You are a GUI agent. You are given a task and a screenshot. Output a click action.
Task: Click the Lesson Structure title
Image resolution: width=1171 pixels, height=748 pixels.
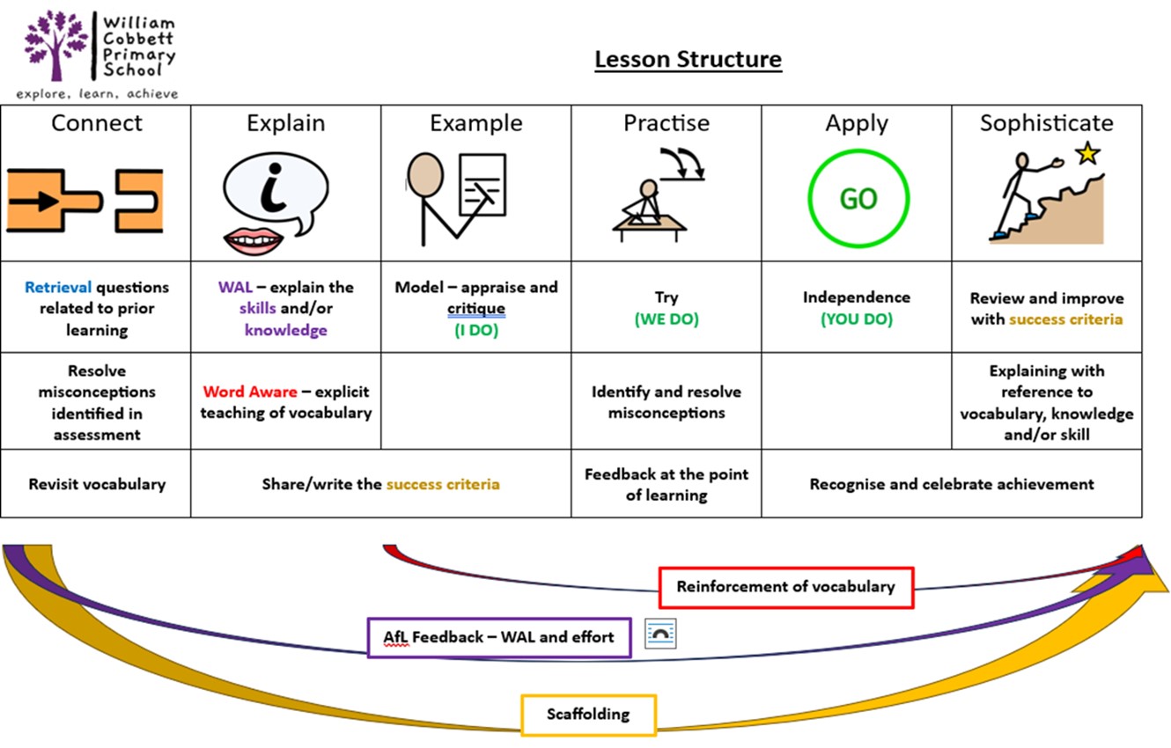tap(688, 60)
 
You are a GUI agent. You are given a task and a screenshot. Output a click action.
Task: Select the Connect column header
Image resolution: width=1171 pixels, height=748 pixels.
tap(96, 123)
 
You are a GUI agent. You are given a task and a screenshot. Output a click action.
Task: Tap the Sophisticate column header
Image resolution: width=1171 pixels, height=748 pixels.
tap(1046, 123)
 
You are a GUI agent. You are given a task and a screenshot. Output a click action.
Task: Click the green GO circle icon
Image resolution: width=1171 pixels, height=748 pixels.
tap(858, 199)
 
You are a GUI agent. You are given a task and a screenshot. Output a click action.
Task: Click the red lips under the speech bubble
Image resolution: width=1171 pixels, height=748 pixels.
tap(254, 238)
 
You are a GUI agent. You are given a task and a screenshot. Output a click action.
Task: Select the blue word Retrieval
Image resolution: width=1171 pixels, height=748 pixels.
tap(58, 288)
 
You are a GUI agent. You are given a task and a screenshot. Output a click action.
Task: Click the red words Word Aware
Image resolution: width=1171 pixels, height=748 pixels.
tap(249, 392)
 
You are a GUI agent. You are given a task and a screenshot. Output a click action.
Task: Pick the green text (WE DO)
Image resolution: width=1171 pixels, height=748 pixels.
tap(667, 319)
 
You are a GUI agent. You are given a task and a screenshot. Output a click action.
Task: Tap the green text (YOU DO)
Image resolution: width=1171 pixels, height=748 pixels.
tap(856, 319)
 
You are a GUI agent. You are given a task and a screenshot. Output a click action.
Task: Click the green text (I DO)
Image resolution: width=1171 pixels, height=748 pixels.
tap(475, 331)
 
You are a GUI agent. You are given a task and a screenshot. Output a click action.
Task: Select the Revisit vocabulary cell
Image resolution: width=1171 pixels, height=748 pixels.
tap(97, 484)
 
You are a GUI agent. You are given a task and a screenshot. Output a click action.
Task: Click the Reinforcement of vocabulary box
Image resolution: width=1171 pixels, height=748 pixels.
tap(785, 586)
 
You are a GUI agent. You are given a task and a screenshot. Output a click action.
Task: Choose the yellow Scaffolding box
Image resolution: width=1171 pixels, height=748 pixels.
tap(588, 714)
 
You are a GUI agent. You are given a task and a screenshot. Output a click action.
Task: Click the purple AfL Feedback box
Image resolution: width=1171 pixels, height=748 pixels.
tap(498, 636)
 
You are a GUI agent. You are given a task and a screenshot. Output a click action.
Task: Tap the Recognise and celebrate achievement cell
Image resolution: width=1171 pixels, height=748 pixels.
tap(951, 484)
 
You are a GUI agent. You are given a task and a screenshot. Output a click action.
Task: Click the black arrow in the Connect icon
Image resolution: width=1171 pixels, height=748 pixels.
tap(39, 201)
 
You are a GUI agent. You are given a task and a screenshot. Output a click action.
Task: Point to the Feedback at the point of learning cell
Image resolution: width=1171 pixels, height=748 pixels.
tap(667, 485)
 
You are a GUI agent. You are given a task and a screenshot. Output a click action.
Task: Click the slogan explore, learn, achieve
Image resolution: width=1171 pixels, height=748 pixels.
tap(97, 93)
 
